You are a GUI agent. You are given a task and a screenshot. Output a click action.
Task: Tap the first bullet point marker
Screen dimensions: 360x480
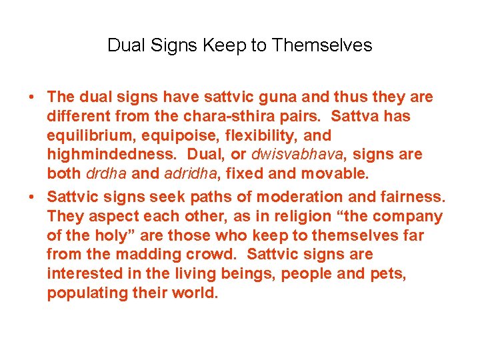click(x=32, y=97)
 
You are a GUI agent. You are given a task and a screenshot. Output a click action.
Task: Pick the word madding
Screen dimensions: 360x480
click(x=149, y=255)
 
